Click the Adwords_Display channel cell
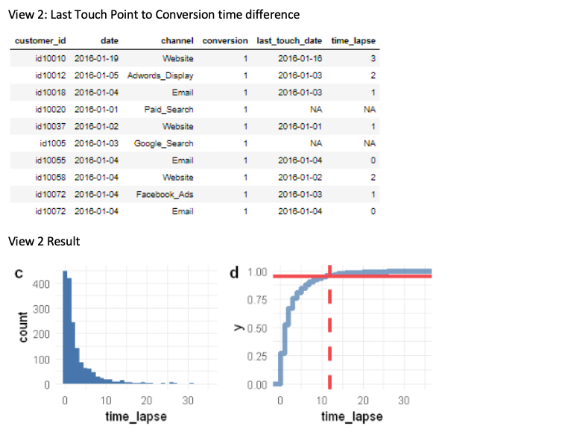tap(160, 75)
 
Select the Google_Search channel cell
tap(164, 143)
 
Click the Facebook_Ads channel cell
tap(165, 194)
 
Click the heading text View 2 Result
tap(43, 242)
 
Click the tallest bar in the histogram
tap(64, 328)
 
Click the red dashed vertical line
tap(329, 328)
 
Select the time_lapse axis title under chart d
tap(352, 416)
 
